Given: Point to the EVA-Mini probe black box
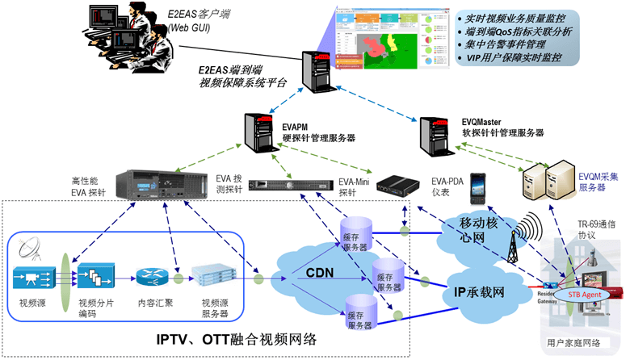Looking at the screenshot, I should (386, 185).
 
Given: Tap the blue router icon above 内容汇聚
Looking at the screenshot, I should (150, 279).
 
